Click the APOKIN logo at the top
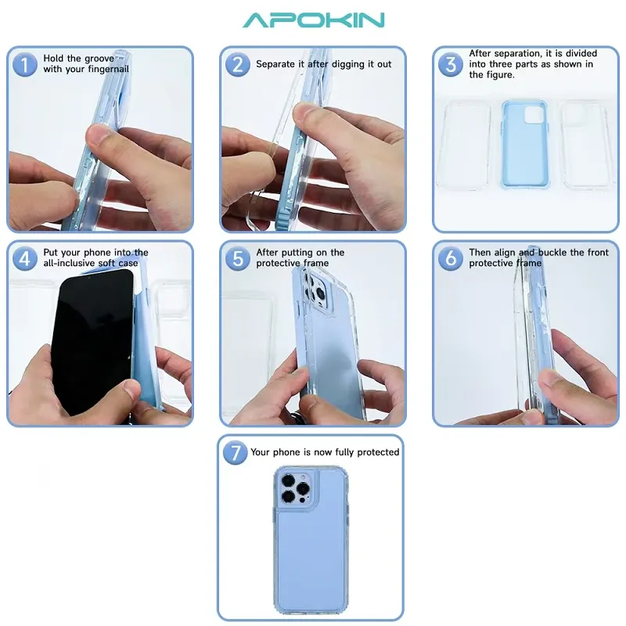[x=313, y=20]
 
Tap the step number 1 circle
[x=25, y=64]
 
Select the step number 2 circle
[x=238, y=64]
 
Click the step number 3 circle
[x=451, y=64]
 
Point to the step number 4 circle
[x=25, y=258]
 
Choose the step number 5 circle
[x=238, y=258]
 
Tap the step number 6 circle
[x=451, y=258]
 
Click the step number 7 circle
[x=234, y=453]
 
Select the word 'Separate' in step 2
[x=277, y=64]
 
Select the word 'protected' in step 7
[x=376, y=452]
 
